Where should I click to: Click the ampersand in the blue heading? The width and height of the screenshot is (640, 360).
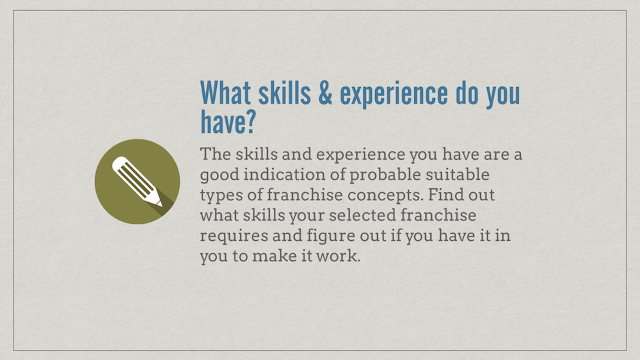point(325,93)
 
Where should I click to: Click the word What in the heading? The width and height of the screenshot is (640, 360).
point(226,92)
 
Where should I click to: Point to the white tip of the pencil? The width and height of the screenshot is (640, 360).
point(160,204)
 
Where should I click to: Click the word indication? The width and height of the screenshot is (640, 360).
point(284,174)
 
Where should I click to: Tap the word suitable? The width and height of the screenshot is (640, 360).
point(458,174)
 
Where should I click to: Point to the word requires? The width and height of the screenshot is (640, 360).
point(234,236)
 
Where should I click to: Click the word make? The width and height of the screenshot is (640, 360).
point(274,256)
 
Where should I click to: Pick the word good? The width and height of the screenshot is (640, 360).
point(220,175)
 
